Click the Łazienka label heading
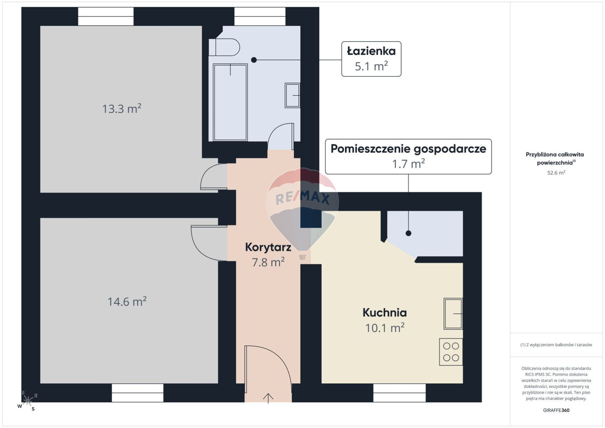pos(371,51)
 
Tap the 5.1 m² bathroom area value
pos(371,66)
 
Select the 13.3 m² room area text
pos(122,109)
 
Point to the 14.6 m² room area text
pos(127,301)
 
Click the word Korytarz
pos(268,247)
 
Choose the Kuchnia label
pos(385,313)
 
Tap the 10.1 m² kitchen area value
pos(385,328)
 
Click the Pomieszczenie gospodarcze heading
pos(409,149)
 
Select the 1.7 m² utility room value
pos(409,163)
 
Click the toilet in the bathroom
pos(224,47)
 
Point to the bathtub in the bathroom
pos(230,102)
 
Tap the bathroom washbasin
pos(293,95)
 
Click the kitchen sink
pos(453,313)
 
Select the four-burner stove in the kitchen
pos(451,352)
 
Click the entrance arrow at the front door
pos(268,398)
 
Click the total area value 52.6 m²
pos(556,173)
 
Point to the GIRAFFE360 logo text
pos(556,410)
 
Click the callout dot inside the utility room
pos(409,233)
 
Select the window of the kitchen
pos(399,393)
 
